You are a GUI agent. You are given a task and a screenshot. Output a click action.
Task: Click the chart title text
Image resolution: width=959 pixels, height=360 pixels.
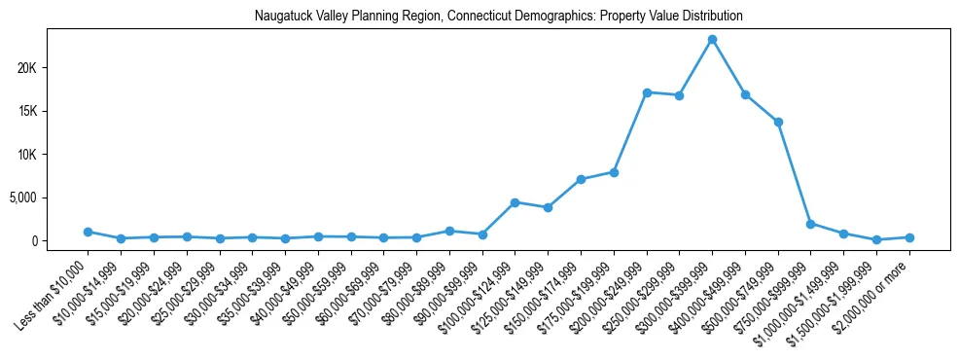tap(498, 17)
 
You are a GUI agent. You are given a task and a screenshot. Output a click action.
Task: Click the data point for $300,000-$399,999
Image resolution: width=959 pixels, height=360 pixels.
tap(712, 39)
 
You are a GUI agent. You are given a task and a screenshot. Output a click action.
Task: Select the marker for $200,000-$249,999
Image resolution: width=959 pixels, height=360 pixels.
tap(647, 92)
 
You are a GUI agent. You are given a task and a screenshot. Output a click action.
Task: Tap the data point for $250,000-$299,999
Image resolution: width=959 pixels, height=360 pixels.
tap(679, 95)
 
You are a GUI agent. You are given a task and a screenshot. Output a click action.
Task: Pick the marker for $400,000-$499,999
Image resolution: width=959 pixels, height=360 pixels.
tap(745, 94)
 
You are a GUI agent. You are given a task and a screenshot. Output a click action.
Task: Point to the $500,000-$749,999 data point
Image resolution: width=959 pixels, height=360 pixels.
tap(778, 122)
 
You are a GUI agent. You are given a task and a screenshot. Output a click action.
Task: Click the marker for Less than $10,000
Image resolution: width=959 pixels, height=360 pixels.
tap(88, 232)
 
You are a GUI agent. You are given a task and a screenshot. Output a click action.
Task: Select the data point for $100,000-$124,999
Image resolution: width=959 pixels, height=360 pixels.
tap(515, 202)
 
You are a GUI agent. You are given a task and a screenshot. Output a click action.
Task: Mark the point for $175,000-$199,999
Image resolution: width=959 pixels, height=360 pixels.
tap(614, 172)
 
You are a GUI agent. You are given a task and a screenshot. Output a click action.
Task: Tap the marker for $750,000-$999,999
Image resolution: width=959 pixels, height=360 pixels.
tap(810, 224)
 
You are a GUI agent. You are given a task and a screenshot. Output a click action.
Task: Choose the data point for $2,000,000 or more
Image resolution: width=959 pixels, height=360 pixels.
tap(909, 237)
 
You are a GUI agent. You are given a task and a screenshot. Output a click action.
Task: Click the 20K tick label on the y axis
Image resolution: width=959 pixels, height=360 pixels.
tap(53, 68)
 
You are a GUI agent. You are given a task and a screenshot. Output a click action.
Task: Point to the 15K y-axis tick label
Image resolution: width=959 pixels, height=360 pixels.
tap(53, 111)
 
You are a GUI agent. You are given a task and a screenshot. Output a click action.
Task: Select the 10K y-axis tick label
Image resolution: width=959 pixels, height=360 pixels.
tap(53, 155)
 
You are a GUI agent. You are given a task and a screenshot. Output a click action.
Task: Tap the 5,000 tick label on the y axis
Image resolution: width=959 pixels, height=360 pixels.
tap(49, 198)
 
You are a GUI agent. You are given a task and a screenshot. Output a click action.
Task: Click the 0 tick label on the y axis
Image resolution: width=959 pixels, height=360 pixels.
tap(60, 241)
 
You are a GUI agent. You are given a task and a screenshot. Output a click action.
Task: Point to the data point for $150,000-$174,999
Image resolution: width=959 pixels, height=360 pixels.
tap(581, 179)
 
